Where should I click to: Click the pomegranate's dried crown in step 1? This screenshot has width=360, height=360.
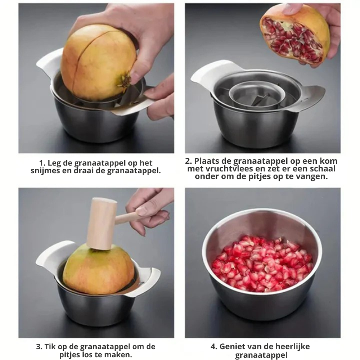pos(124,81)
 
